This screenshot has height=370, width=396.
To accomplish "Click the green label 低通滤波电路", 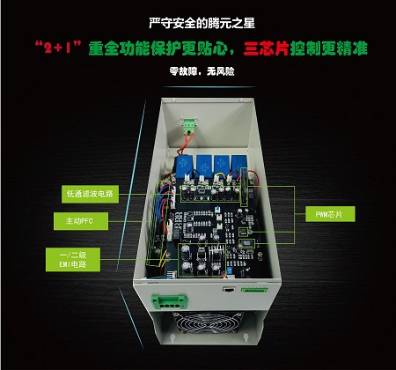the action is point(90,194).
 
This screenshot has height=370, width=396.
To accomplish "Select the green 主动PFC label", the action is point(81,221).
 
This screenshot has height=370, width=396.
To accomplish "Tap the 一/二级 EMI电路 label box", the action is point(73,260).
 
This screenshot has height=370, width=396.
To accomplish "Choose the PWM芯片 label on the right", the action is point(330,214).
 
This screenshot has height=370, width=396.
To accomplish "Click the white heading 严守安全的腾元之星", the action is point(202,23).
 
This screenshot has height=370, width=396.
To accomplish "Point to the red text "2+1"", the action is point(58,48).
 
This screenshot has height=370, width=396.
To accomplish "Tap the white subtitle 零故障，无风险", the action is point(202,71).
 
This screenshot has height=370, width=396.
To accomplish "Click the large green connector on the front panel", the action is point(169,301).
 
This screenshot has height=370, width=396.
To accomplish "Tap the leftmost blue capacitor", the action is point(184,166).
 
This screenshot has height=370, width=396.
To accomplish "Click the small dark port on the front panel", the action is point(228,289).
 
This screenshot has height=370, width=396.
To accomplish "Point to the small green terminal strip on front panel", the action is point(254,290).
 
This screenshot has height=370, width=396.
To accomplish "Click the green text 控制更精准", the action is point(329,48).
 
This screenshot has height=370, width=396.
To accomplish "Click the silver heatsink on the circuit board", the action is point(216,254).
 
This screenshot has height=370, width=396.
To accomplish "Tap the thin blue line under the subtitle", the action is point(209,87).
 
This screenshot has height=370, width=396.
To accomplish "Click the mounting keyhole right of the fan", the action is point(245,337).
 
